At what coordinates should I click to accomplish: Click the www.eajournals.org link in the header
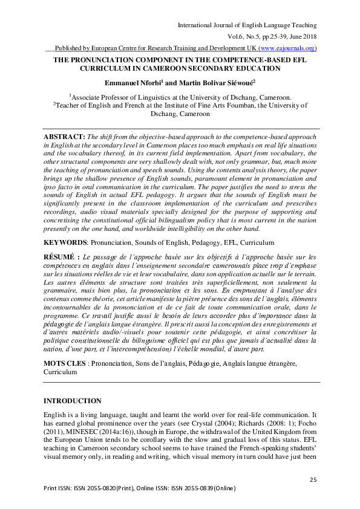[286, 48]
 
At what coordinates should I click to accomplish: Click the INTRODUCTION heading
[73, 401]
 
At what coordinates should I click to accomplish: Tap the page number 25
[313, 479]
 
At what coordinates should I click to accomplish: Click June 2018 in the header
[301, 36]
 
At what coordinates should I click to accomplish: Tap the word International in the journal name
[194, 24]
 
